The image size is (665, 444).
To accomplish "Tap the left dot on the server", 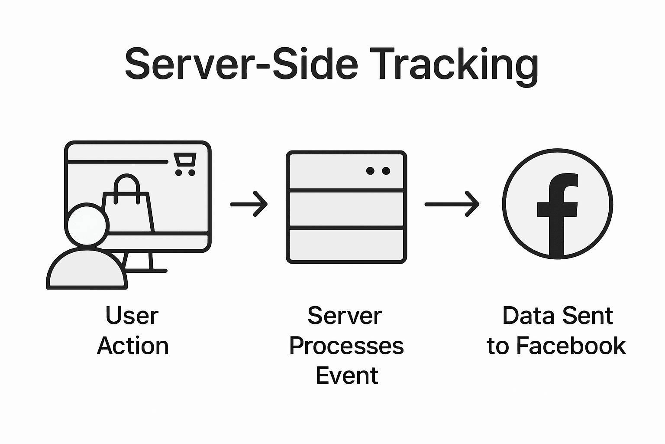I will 370,171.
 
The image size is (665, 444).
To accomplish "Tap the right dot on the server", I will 386,171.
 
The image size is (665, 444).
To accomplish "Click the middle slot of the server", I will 346,209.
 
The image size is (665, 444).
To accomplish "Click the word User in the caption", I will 132,316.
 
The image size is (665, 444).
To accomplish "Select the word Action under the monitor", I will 133,346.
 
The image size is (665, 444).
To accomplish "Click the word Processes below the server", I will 346,346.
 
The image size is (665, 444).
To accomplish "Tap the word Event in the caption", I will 347,375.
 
